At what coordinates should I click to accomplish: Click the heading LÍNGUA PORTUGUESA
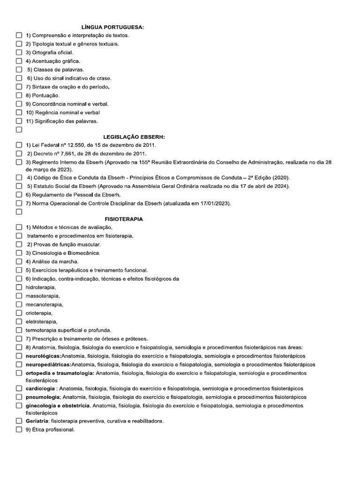(x=112, y=28)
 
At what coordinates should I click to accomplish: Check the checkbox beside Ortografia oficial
(x=19, y=52)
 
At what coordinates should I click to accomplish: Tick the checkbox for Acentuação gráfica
(x=19, y=61)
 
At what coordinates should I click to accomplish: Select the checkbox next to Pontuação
(x=19, y=95)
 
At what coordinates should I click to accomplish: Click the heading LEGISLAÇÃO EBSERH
(x=134, y=137)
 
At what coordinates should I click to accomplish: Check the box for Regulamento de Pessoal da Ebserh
(x=19, y=195)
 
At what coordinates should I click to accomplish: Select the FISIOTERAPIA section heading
(x=124, y=219)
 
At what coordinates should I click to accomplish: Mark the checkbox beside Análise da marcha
(x=19, y=262)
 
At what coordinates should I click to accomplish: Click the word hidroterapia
(x=41, y=287)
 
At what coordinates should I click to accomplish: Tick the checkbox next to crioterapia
(x=19, y=313)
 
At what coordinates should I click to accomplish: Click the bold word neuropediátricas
(x=48, y=364)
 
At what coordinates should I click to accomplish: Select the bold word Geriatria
(x=37, y=421)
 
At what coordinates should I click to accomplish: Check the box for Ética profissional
(x=19, y=429)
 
